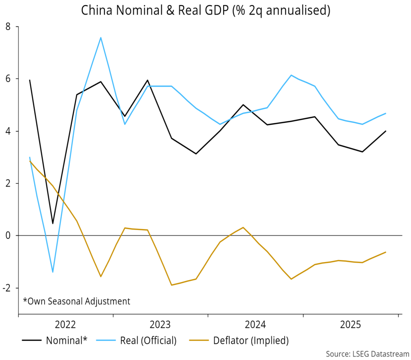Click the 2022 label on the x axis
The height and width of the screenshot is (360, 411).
click(x=66, y=324)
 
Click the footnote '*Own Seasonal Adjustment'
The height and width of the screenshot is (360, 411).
click(x=76, y=301)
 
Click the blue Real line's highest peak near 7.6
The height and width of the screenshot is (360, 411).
click(x=100, y=38)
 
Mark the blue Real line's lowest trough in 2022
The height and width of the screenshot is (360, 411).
click(x=53, y=272)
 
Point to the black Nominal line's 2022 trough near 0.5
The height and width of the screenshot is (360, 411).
click(x=53, y=224)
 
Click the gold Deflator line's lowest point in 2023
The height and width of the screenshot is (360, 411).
click(x=172, y=285)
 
